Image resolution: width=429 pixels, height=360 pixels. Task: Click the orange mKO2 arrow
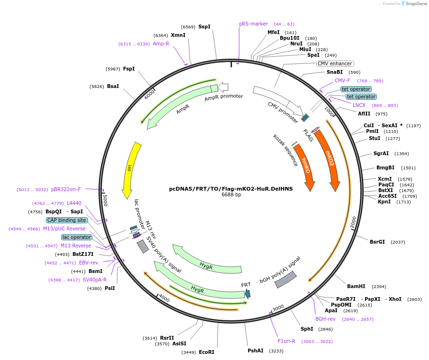coord(329,158)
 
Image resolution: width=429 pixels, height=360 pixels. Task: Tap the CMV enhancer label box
coord(335,63)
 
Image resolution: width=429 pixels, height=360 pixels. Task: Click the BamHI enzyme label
coord(356,286)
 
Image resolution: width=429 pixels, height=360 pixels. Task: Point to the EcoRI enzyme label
coord(206,352)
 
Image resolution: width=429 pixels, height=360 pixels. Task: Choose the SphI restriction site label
coord(307,329)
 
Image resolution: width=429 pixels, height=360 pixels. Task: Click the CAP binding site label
coord(67,220)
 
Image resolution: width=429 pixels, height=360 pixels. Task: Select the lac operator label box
coord(76,237)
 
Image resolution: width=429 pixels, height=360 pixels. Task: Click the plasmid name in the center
coord(231,188)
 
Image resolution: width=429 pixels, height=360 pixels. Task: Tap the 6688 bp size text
coord(231,194)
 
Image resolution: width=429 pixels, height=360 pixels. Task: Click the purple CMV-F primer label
coord(342,80)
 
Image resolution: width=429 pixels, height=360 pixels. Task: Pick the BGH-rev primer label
coord(325,319)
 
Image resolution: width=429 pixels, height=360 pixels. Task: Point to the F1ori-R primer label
coord(286,341)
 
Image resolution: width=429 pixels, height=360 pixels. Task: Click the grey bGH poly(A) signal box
coord(286,280)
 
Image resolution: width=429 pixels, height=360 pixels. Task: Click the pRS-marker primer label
coord(253,24)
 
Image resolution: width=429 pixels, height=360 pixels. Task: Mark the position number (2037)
coord(398,242)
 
